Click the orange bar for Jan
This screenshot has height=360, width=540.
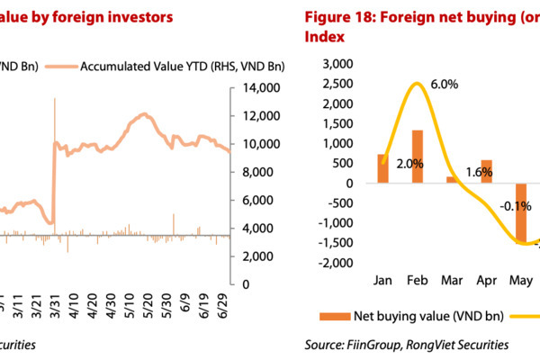tap(382, 168)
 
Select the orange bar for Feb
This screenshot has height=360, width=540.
tap(418, 157)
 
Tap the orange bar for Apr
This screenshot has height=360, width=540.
tap(487, 172)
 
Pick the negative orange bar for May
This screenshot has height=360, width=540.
tap(521, 212)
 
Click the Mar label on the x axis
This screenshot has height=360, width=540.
tap(453, 280)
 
